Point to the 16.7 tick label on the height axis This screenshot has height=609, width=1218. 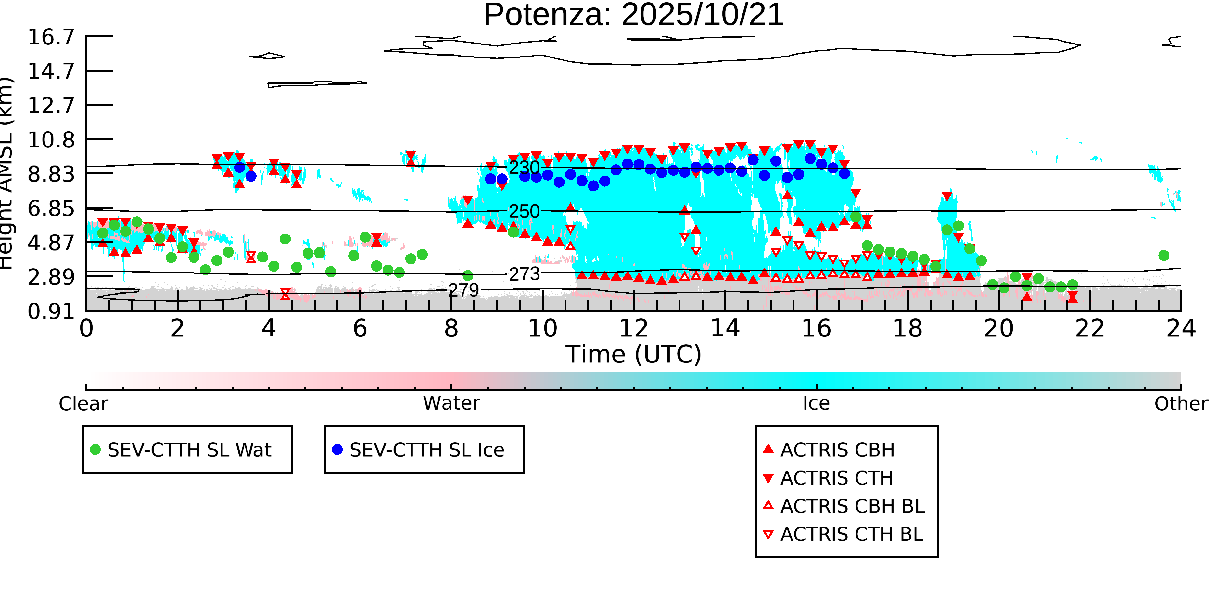[51, 37]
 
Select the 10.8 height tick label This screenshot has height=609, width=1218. [51, 140]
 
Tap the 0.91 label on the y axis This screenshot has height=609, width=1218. [51, 311]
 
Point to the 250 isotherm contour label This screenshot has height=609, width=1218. [524, 211]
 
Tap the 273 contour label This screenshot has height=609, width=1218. [524, 274]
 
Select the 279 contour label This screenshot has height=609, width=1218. [463, 290]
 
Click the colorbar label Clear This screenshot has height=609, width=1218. [83, 404]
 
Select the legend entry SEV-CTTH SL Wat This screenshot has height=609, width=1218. [189, 450]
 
